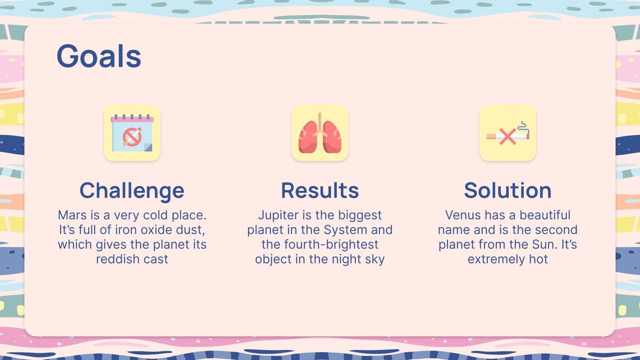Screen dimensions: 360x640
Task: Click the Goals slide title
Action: click(x=99, y=56)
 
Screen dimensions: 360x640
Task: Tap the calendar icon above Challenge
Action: click(x=132, y=133)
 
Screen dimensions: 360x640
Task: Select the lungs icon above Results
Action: click(x=320, y=133)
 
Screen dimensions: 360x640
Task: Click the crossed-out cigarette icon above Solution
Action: click(x=508, y=133)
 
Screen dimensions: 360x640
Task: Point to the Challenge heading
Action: click(x=132, y=190)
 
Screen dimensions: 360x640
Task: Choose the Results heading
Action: click(x=320, y=190)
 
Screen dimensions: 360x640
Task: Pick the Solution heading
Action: click(x=508, y=190)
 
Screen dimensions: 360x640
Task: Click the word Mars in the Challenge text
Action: click(x=72, y=215)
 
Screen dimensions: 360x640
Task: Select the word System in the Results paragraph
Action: click(x=344, y=230)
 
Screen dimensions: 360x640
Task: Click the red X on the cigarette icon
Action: click(x=507, y=137)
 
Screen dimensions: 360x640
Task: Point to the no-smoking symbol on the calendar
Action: click(x=132, y=137)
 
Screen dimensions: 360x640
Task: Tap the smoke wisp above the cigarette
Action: click(x=523, y=126)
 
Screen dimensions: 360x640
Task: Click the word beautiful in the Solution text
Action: click(x=545, y=215)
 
